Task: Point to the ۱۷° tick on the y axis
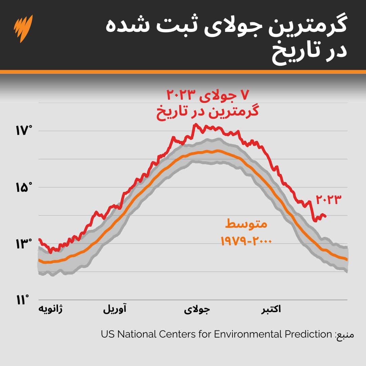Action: click(23, 131)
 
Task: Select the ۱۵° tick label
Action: click(23, 187)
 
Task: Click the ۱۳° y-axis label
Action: click(23, 243)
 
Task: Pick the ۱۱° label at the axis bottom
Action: click(23, 300)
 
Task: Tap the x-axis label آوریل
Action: click(115, 309)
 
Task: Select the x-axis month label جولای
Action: click(197, 309)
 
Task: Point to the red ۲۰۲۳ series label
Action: click(327, 200)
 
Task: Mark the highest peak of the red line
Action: click(195, 124)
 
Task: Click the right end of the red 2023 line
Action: click(326, 216)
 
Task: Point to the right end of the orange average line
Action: click(347, 260)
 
